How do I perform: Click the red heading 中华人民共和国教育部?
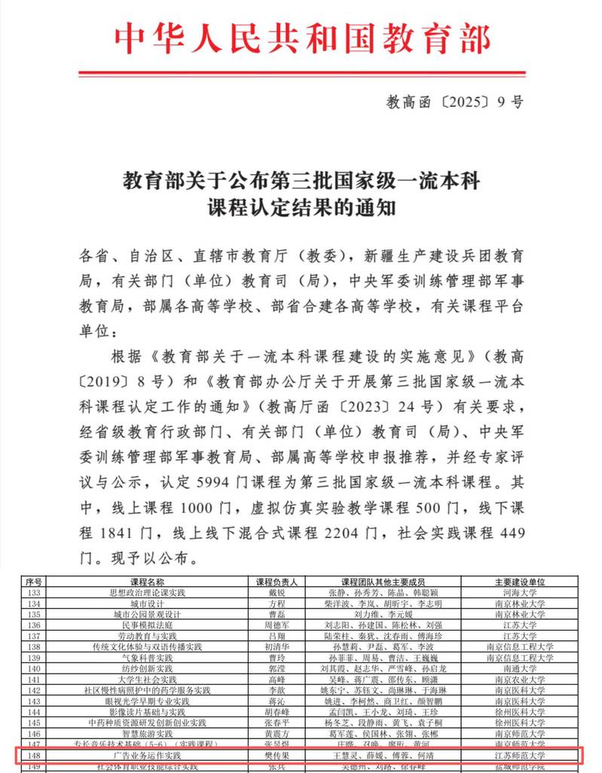[301, 38]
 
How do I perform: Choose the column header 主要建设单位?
[519, 582]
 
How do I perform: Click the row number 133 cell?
[34, 593]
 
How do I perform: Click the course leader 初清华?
[277, 646]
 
